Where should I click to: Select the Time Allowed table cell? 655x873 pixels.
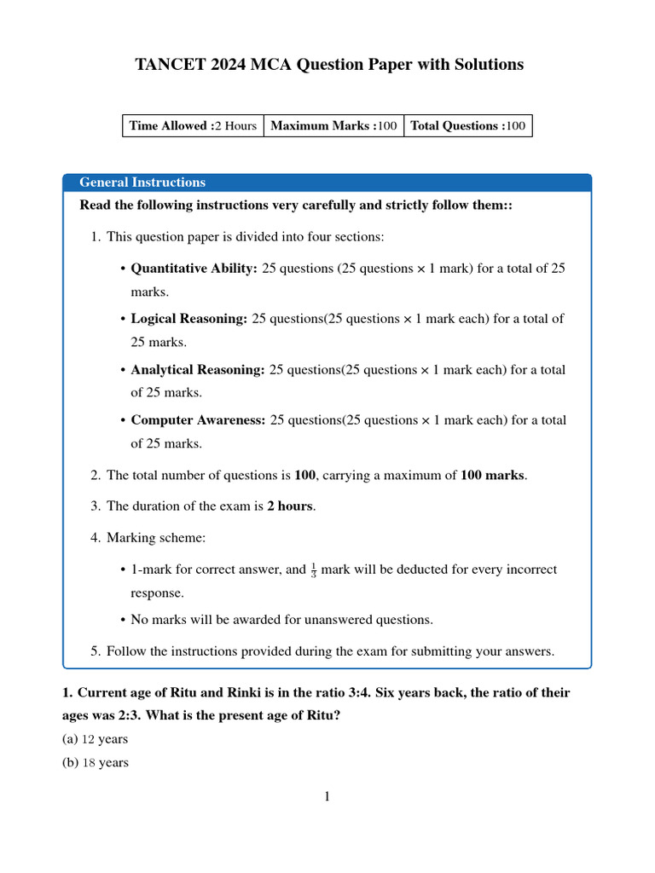193,126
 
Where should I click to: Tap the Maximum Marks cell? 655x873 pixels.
333,126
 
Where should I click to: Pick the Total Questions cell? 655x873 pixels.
467,126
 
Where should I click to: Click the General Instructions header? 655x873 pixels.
142,182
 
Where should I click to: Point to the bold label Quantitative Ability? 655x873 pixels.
194,268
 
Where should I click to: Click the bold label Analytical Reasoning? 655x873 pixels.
198,370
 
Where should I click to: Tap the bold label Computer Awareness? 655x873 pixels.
198,420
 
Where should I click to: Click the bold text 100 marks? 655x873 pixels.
493,475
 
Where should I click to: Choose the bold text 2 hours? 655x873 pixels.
290,506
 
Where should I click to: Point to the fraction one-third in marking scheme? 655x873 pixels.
313,569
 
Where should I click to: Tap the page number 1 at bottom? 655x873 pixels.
327,797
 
